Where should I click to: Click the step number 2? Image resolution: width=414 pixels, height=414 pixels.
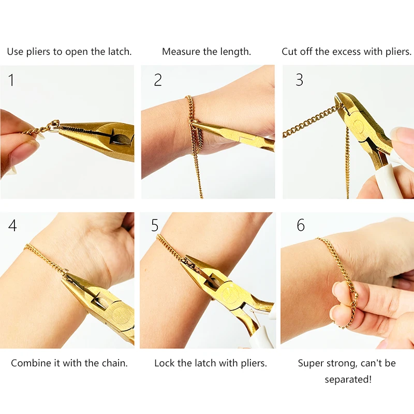click(158, 80)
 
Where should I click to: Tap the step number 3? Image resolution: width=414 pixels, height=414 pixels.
click(299, 80)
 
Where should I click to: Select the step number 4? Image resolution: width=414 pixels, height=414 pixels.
click(12, 226)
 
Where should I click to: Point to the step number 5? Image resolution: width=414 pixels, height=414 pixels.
click(155, 226)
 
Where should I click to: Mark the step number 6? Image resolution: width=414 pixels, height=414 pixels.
click(301, 226)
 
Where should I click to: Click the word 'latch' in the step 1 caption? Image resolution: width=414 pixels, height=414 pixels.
click(119, 52)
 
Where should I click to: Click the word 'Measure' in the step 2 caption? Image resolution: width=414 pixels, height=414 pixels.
click(180, 52)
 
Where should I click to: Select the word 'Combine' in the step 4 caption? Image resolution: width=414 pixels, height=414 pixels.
click(31, 363)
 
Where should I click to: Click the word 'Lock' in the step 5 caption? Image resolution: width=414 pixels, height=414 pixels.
click(164, 363)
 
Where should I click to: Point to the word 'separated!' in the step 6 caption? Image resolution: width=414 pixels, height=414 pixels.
click(348, 380)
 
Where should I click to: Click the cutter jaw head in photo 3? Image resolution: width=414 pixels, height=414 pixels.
click(352, 111)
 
